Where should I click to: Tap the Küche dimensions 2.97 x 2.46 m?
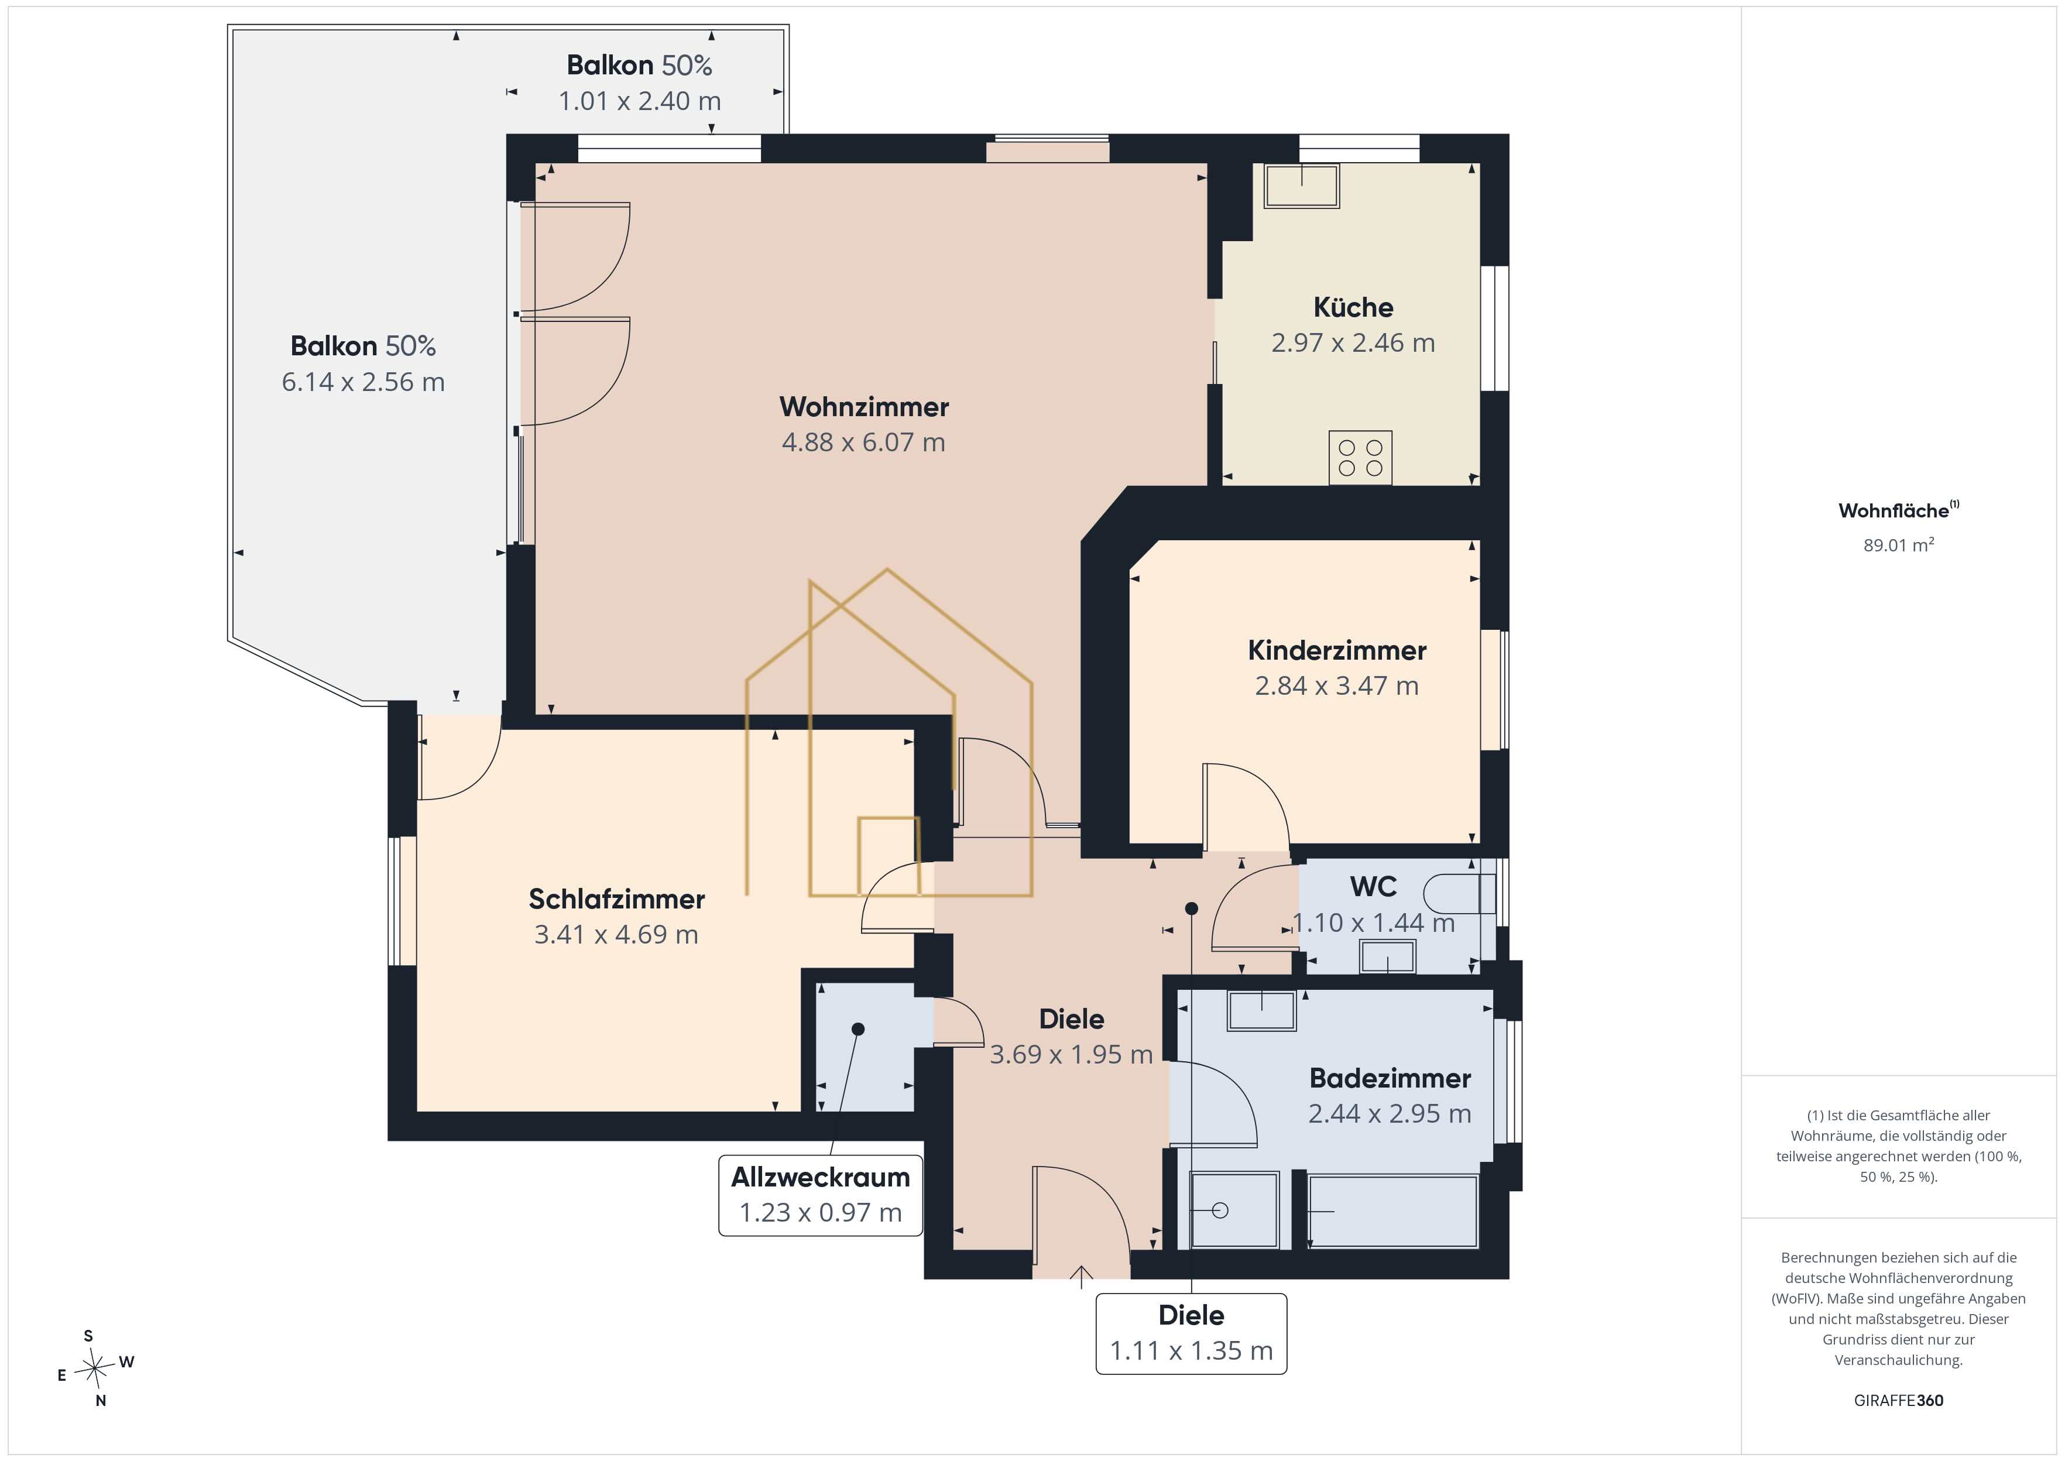[1353, 343]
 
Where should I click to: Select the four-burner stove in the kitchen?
[1360, 457]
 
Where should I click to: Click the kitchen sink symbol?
[1301, 186]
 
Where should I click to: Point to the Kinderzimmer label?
[1336, 650]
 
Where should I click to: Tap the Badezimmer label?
[1390, 1078]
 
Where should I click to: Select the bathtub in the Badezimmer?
[1392, 1211]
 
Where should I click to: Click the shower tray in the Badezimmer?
[1234, 1210]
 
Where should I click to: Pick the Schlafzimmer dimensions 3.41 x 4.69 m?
[616, 935]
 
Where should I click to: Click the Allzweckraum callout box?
[820, 1195]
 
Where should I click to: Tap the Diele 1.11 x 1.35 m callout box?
[1191, 1333]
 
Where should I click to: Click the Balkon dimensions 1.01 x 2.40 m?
[640, 101]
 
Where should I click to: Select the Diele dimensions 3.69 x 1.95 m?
[1071, 1054]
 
